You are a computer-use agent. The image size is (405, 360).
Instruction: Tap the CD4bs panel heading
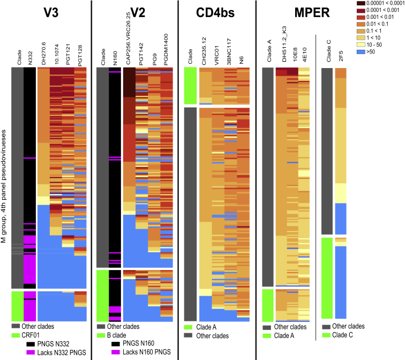pyautogui.click(x=217, y=12)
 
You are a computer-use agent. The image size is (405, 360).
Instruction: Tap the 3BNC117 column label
pyautogui.click(x=230, y=51)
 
